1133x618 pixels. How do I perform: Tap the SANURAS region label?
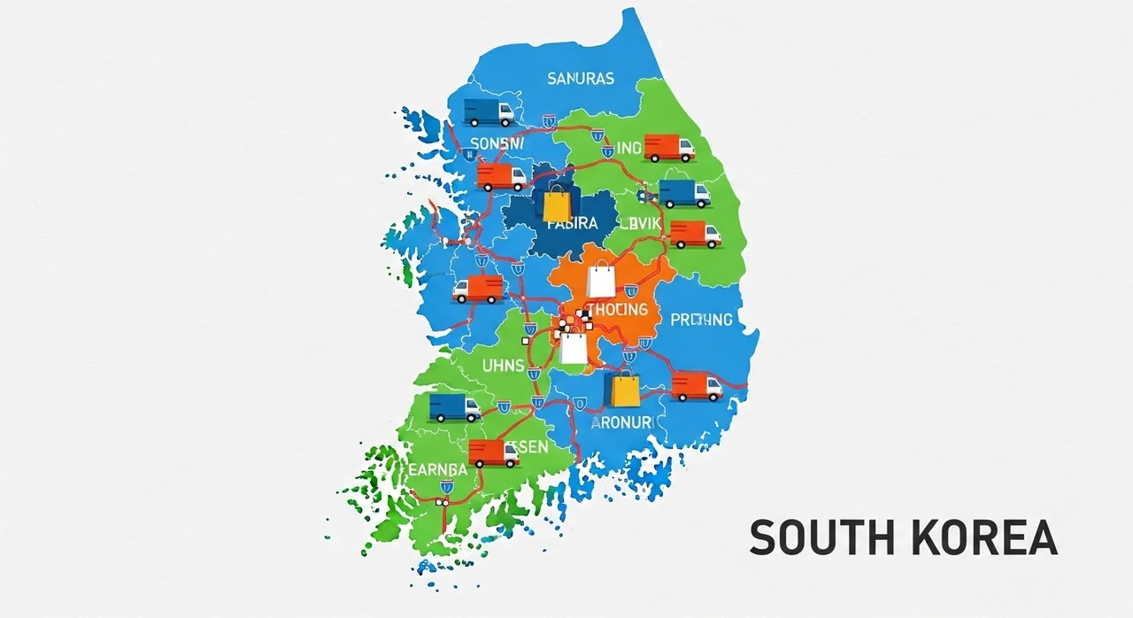pyautogui.click(x=580, y=79)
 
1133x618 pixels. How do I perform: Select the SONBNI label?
pyautogui.click(x=498, y=143)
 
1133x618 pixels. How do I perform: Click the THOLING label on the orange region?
pyautogui.click(x=617, y=311)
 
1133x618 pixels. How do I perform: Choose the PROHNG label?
pyautogui.click(x=701, y=320)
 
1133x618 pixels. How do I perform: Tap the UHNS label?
pyautogui.click(x=503, y=365)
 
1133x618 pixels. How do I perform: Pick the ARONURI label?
pyautogui.click(x=620, y=423)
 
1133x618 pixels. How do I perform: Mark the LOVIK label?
pyautogui.click(x=640, y=224)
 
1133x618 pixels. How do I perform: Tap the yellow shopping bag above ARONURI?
pyautogui.click(x=625, y=388)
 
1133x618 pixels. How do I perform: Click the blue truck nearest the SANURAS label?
pyautogui.click(x=489, y=112)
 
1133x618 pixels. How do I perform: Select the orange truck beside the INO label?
pyautogui.click(x=668, y=148)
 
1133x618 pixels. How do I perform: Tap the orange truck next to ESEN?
pyautogui.click(x=493, y=453)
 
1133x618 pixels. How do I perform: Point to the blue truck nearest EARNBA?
pyautogui.click(x=454, y=407)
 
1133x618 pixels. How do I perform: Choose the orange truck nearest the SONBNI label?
pyautogui.click(x=501, y=176)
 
